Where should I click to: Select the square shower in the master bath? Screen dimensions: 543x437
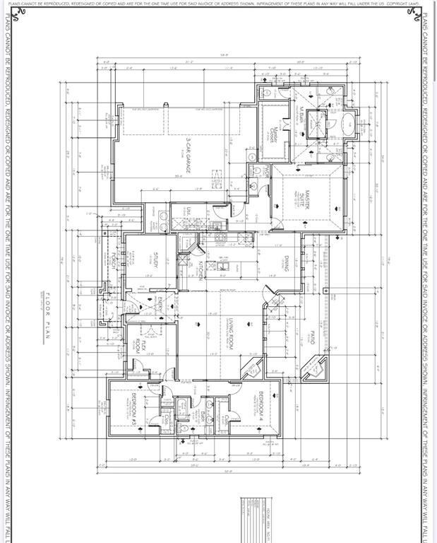pyautogui.click(x=318, y=120)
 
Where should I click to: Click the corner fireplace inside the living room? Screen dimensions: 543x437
pyautogui.click(x=253, y=369)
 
